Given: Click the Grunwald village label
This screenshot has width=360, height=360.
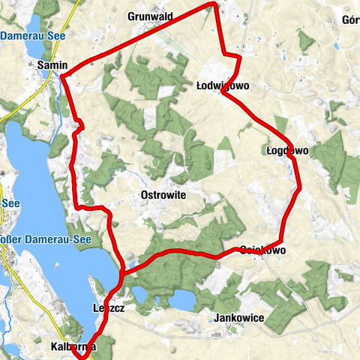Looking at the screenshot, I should pyautogui.click(x=151, y=15).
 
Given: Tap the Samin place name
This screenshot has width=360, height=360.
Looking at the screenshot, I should pyautogui.click(x=52, y=65).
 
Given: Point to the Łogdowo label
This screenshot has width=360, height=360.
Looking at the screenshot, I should pyautogui.click(x=287, y=150).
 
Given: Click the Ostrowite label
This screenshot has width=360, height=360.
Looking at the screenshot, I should pyautogui.click(x=163, y=194).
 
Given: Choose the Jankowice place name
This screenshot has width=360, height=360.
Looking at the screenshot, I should pyautogui.click(x=238, y=318).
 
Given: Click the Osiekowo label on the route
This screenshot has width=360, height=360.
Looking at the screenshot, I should pyautogui.click(x=262, y=250).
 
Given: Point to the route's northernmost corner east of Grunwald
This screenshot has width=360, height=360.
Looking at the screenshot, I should pyautogui.click(x=215, y=4).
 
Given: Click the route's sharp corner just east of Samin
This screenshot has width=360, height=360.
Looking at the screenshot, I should pyautogui.click(x=62, y=76).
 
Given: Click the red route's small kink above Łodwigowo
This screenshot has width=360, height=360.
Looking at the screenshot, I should pyautogui.click(x=235, y=58).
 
